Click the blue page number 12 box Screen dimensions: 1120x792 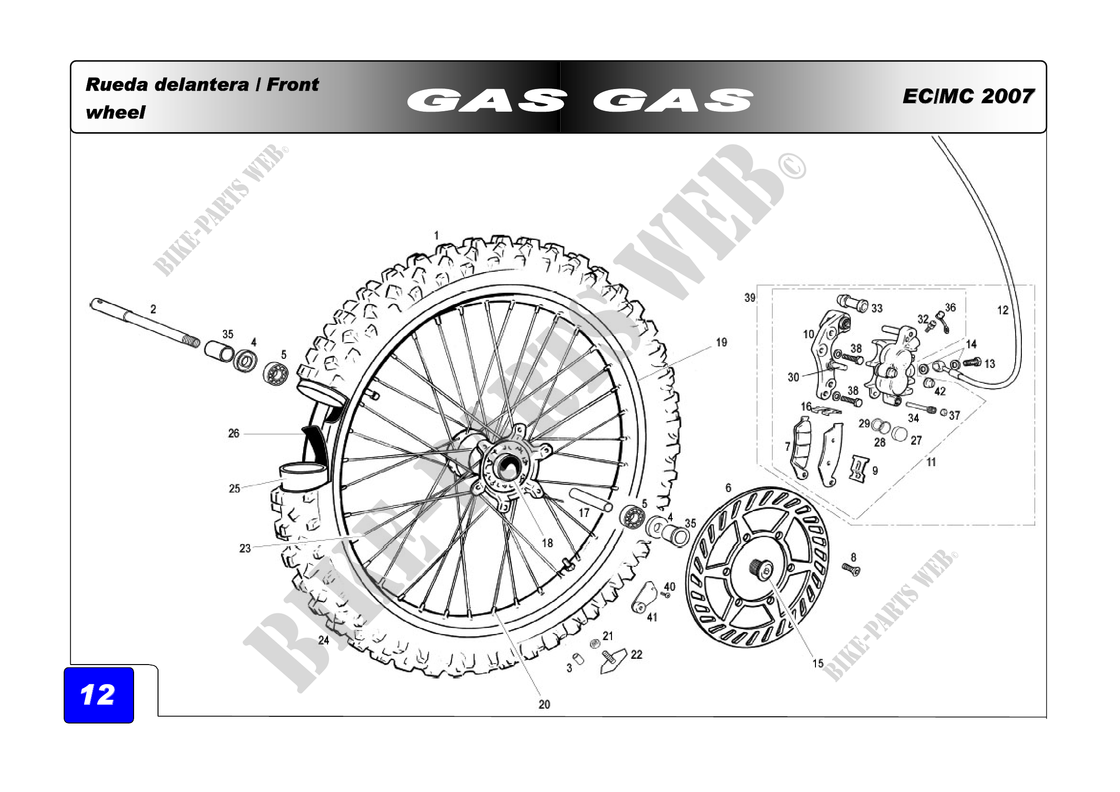coord(99,695)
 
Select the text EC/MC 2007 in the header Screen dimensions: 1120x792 coord(968,96)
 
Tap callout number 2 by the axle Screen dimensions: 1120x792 coord(153,309)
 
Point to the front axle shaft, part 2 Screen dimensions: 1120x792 coord(145,322)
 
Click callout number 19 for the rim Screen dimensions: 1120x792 coord(722,343)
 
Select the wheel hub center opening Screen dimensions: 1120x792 coord(508,468)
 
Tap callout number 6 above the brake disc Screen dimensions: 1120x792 coord(728,487)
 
